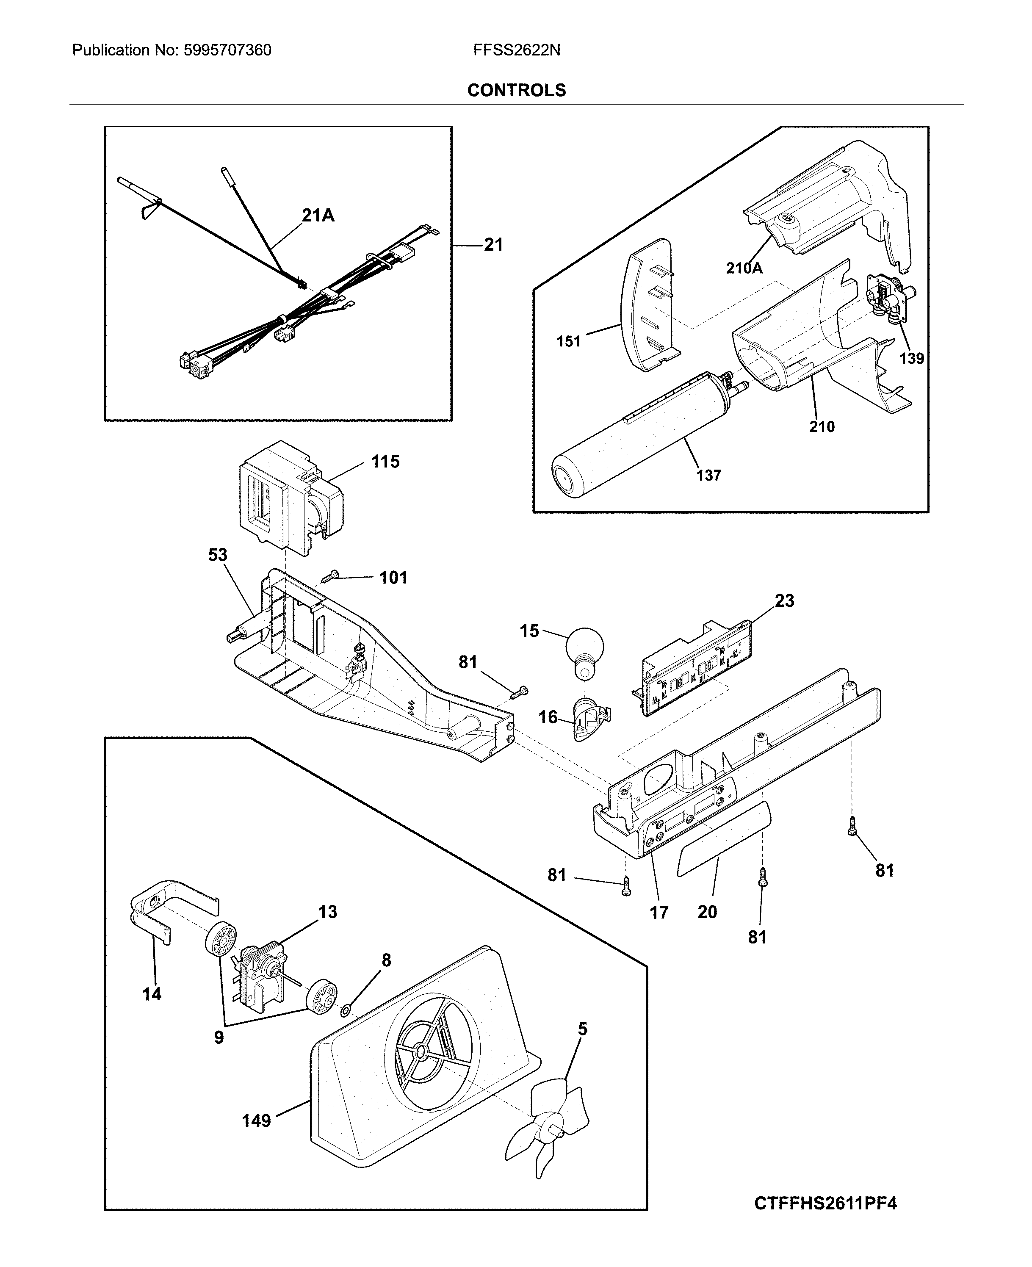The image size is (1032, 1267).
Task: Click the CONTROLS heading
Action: [516, 90]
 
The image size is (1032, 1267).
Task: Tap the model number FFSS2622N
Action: [516, 50]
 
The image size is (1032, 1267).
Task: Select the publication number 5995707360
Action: [227, 50]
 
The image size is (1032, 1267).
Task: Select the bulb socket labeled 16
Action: [590, 718]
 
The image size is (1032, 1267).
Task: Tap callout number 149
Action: [256, 1121]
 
